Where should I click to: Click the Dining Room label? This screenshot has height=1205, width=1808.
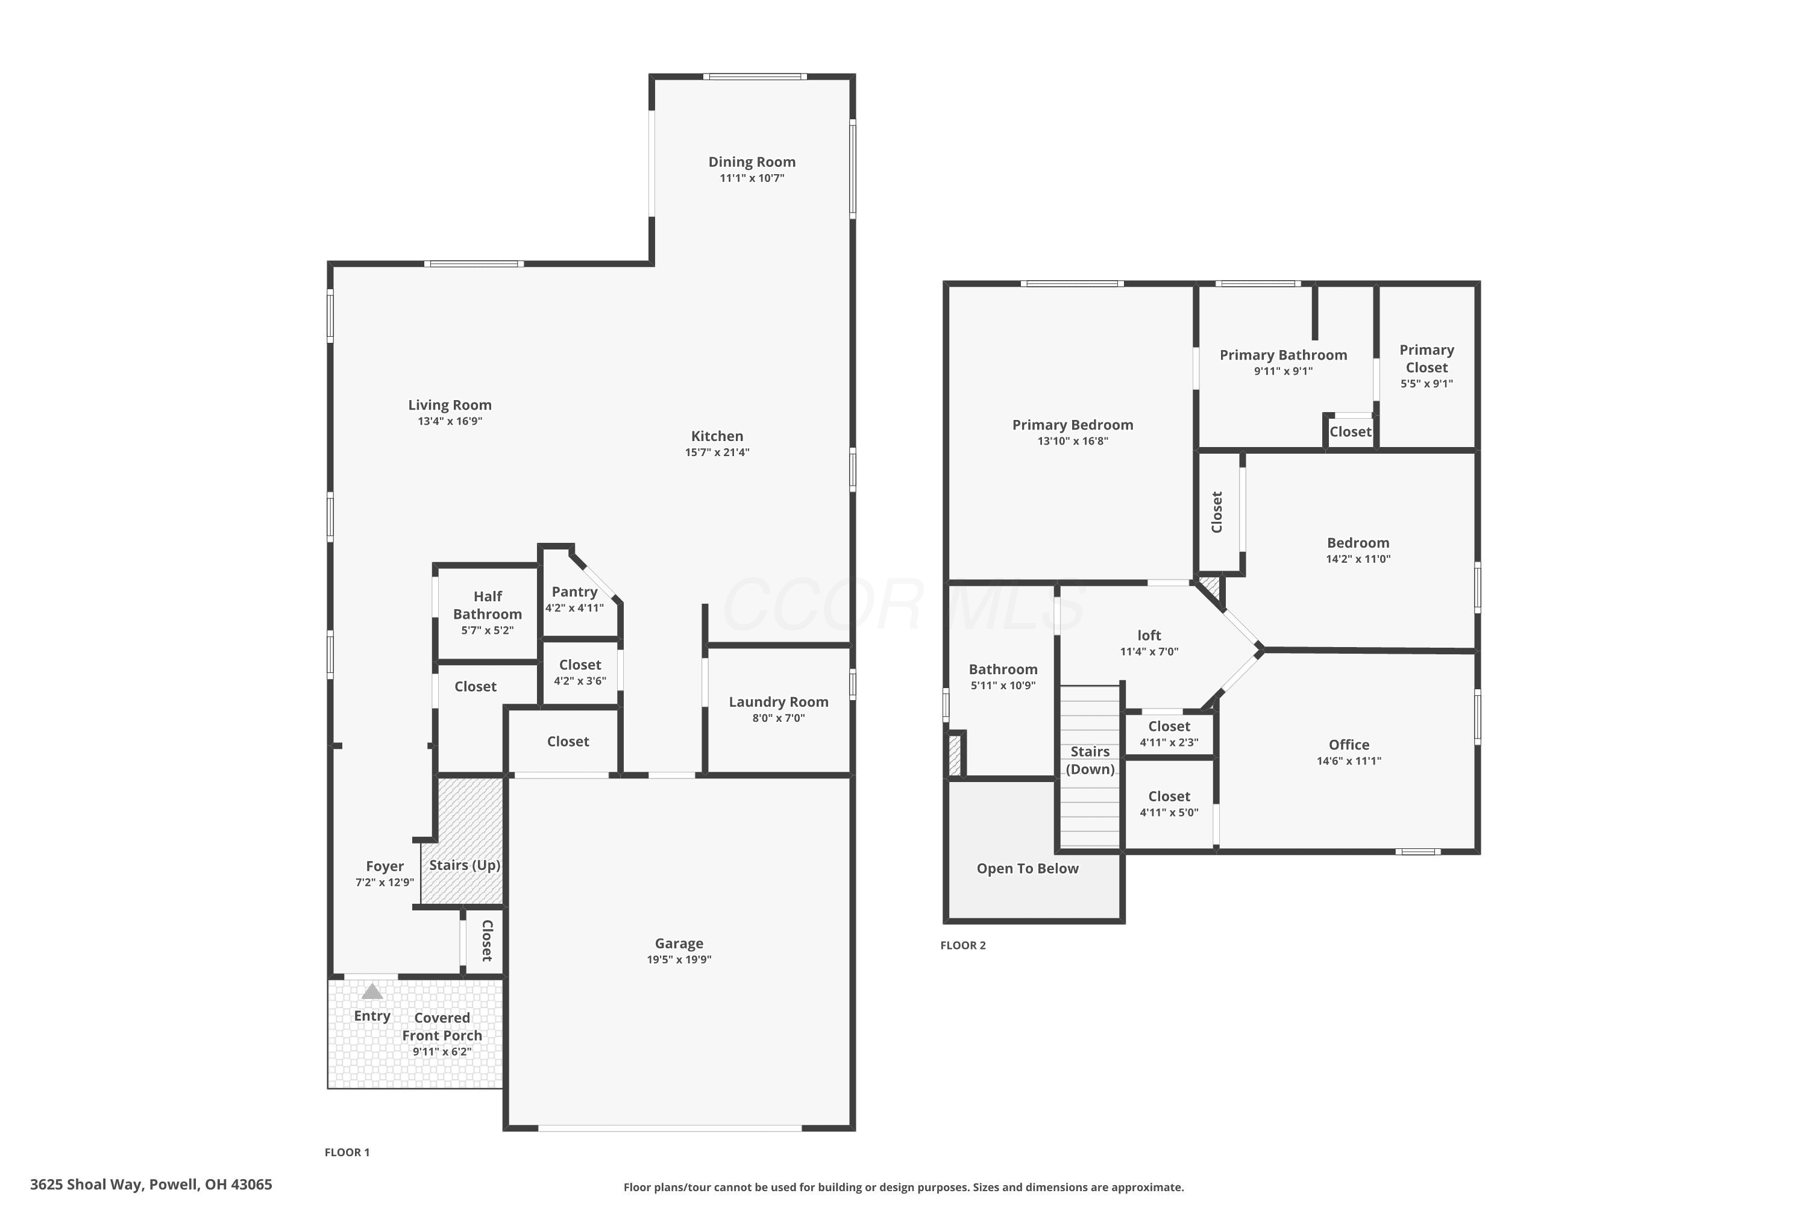tap(752, 161)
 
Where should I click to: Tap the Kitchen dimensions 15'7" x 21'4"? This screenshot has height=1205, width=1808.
tap(717, 452)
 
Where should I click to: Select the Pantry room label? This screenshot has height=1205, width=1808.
tap(574, 592)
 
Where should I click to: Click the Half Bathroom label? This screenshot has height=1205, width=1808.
tap(488, 605)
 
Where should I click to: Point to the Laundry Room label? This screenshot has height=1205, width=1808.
tap(779, 702)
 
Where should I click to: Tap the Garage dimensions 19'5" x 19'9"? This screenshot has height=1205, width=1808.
tap(679, 959)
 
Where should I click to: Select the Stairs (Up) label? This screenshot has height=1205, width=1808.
tap(464, 865)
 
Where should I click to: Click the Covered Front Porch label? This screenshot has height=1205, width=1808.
tap(442, 1027)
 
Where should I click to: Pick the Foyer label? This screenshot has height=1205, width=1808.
tap(385, 866)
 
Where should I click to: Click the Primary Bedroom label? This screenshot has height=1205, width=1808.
tap(1072, 425)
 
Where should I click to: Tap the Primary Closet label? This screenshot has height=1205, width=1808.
tap(1427, 359)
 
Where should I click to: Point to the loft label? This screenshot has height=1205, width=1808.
tap(1149, 635)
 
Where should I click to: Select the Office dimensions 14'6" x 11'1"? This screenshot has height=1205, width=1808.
tap(1349, 761)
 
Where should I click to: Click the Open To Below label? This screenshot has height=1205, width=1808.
tap(1028, 868)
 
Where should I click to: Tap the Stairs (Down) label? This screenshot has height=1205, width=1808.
tap(1090, 760)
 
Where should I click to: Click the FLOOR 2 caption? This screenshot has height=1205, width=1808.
tap(962, 945)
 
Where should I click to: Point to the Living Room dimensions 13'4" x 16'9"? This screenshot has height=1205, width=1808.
tap(450, 421)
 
